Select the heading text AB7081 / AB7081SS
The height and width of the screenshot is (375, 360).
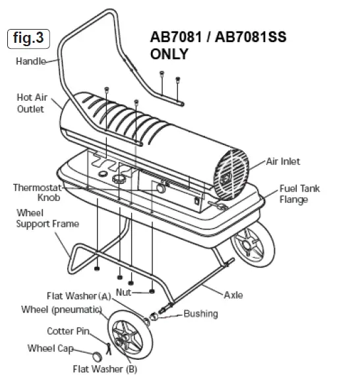click(215, 39)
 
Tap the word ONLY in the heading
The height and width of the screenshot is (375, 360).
click(169, 55)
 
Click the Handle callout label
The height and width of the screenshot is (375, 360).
click(30, 62)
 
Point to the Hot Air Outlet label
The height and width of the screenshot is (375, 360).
click(30, 103)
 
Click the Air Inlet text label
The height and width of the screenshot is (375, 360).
click(285, 160)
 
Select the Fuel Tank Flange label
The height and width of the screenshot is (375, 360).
click(299, 194)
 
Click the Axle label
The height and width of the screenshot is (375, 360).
click(233, 295)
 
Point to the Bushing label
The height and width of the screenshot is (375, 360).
click(200, 314)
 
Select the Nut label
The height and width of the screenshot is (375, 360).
click(124, 291)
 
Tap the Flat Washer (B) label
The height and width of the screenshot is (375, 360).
click(105, 368)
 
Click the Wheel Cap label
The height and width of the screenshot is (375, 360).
click(49, 348)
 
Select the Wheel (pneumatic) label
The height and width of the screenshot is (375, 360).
click(61, 309)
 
